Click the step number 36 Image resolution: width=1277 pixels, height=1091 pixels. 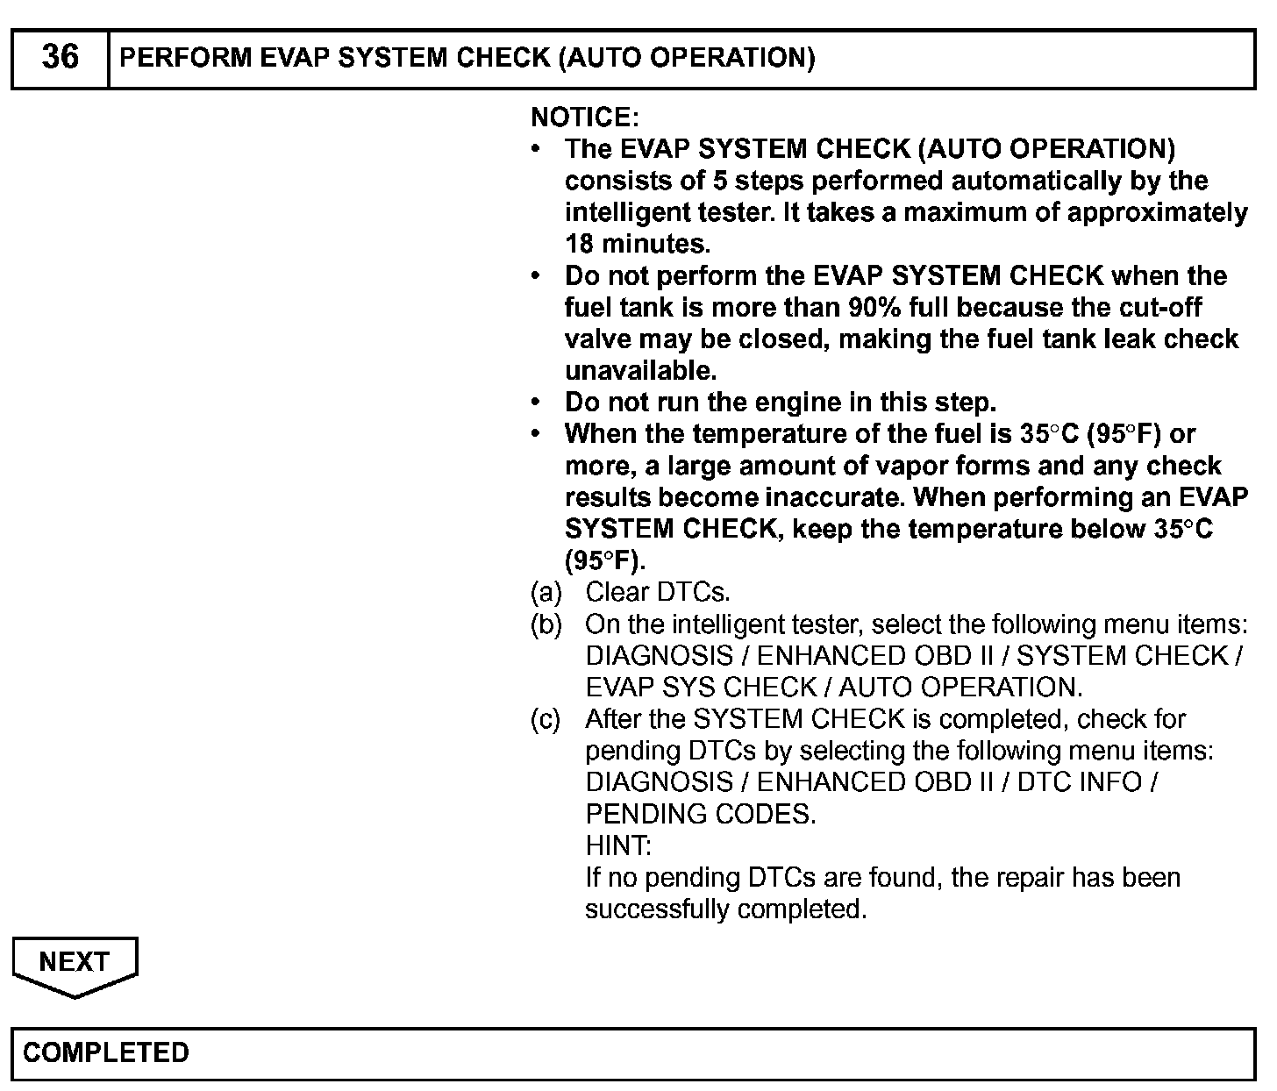60,58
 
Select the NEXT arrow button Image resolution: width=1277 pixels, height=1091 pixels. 75,964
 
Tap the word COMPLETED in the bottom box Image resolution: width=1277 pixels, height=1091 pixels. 106,1052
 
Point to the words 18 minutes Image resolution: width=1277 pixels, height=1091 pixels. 637,244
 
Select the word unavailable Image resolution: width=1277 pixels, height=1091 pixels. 640,371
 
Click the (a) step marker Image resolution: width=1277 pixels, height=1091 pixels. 546,593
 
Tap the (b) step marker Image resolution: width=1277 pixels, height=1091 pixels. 546,624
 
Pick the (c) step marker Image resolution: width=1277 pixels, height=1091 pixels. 546,719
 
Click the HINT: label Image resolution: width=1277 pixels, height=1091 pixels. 618,846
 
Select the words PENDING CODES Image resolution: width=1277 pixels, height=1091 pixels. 700,815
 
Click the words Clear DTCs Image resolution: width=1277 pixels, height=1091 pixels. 657,593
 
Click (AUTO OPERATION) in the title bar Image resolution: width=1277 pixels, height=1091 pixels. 686,58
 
